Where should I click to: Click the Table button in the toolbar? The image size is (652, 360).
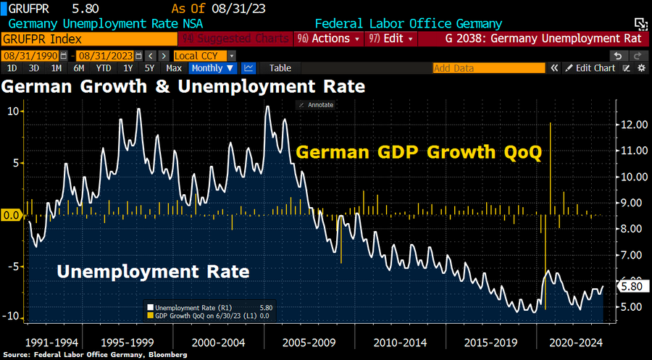tap(280, 68)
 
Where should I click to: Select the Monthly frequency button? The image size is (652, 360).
tap(213, 68)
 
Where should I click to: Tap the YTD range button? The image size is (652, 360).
tap(104, 68)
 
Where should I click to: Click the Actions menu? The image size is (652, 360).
tap(330, 38)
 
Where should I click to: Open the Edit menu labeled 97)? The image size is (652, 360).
tap(390, 38)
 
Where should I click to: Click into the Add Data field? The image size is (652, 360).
tap(488, 68)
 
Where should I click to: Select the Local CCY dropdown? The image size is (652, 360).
tap(204, 55)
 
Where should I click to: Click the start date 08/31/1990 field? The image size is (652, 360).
tap(30, 55)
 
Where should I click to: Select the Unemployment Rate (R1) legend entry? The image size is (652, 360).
tap(193, 307)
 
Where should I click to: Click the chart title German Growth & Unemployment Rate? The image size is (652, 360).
tap(183, 86)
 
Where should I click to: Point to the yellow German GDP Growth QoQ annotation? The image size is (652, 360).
tap(419, 153)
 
